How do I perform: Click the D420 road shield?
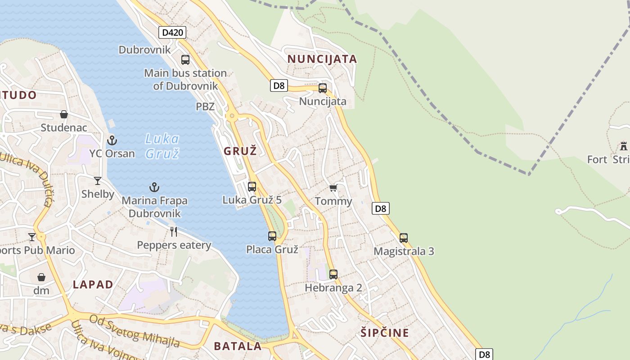coord(172,32)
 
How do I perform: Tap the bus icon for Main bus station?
coord(185,59)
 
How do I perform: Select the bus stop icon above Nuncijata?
coord(323,88)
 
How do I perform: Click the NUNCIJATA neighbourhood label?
coord(322,59)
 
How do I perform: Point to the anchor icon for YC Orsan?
coord(112,140)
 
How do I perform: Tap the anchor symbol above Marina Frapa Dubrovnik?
coord(154,187)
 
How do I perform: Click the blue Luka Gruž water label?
coord(162,146)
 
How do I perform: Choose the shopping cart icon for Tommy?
coord(333,188)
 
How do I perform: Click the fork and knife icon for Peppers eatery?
coord(174,232)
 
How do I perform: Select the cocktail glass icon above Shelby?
coord(98,181)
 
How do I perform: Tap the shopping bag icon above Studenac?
coord(64,114)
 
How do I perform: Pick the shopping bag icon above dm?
coord(41,277)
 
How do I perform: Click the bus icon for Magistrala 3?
coord(404,238)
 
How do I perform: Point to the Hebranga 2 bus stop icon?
coord(333,274)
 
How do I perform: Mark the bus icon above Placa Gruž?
coord(272,236)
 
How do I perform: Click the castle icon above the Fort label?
coord(623,146)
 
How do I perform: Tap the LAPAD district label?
coord(93,284)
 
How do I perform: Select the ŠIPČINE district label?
coord(385,333)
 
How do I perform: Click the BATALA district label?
coord(238,346)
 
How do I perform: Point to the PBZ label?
coord(205,107)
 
